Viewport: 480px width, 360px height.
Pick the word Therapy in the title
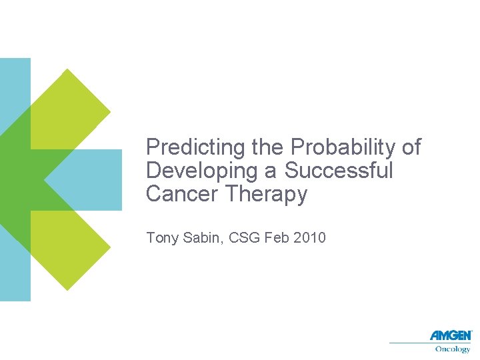click(x=266, y=195)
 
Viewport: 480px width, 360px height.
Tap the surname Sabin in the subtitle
click(x=203, y=237)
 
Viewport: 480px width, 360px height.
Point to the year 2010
click(x=309, y=237)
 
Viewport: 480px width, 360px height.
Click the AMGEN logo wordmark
click(x=450, y=335)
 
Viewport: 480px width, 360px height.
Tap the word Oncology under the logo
click(x=453, y=349)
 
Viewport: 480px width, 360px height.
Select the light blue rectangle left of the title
click(x=93, y=179)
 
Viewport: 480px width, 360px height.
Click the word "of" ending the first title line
click(x=412, y=147)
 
